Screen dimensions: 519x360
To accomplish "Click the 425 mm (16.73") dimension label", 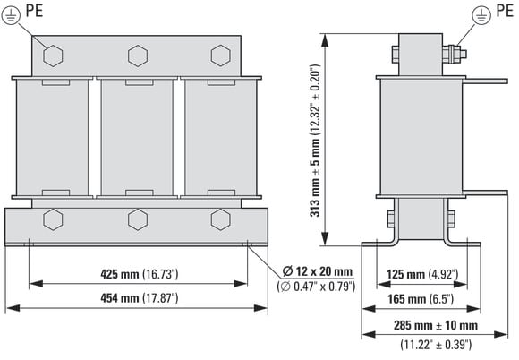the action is (x=140, y=274).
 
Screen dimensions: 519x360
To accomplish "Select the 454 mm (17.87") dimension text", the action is (x=140, y=298).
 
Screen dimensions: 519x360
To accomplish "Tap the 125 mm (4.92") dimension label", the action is (x=422, y=274).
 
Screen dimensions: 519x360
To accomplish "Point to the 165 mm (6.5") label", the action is (x=421, y=299).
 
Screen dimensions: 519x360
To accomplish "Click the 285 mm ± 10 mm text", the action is (x=436, y=325).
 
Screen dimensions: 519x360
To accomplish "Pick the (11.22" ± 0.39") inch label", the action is (x=436, y=345).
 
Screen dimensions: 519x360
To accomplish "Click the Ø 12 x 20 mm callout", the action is (x=318, y=271).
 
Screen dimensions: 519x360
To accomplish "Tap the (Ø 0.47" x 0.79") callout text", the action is (x=316, y=287).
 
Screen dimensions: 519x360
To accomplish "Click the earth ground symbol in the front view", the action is (x=11, y=15).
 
